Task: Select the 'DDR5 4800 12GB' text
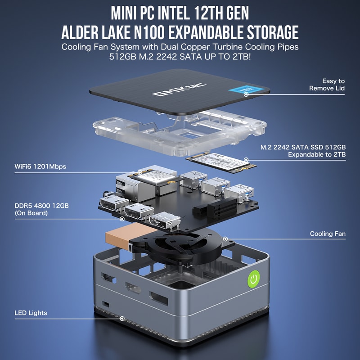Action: click(41, 206)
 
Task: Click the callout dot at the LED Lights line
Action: click(122, 318)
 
